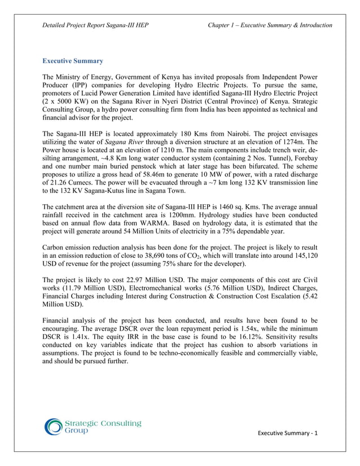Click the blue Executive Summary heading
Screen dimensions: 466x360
tap(73, 60)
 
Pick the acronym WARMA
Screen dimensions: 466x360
tap(138, 230)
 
